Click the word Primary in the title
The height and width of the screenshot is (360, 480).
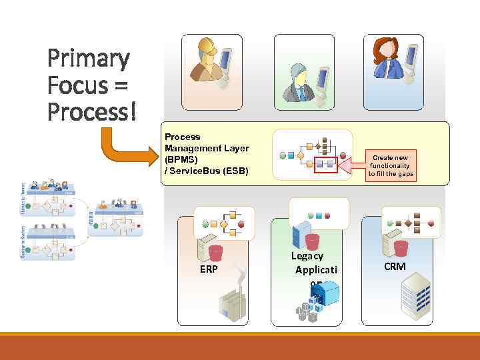coord(88,59)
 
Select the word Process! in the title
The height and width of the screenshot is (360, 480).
coord(92,111)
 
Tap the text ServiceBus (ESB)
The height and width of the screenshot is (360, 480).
coord(209,171)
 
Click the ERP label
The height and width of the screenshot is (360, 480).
coord(208,269)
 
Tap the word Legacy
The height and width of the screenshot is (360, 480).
coord(307,255)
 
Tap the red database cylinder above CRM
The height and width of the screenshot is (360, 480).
coord(401,249)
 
